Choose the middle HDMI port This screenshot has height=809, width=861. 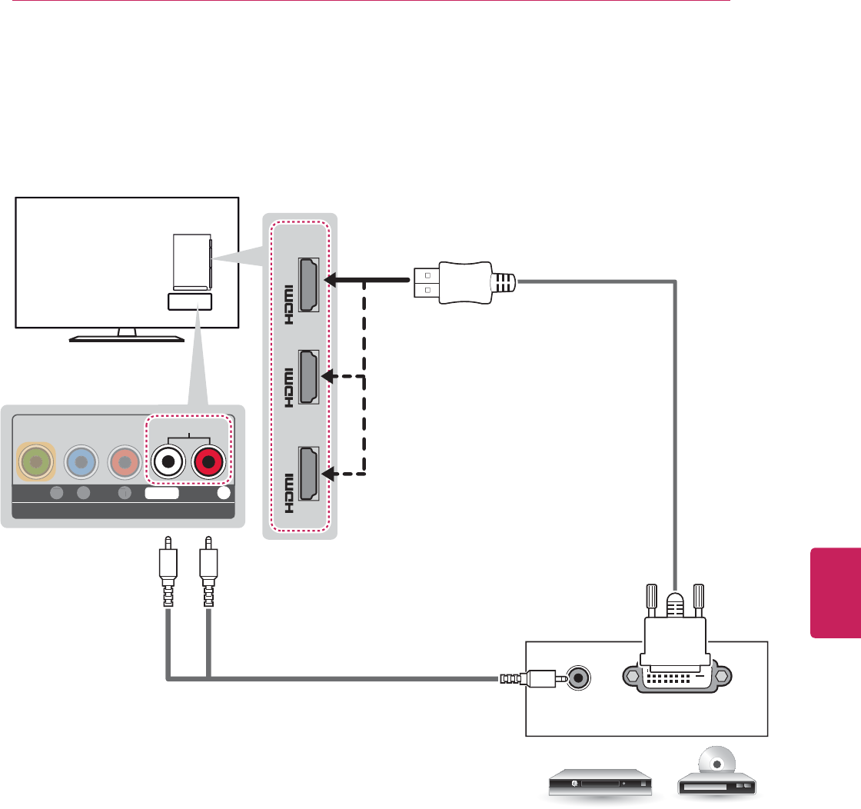pos(310,377)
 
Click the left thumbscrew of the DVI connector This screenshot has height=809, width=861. pos(647,603)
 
